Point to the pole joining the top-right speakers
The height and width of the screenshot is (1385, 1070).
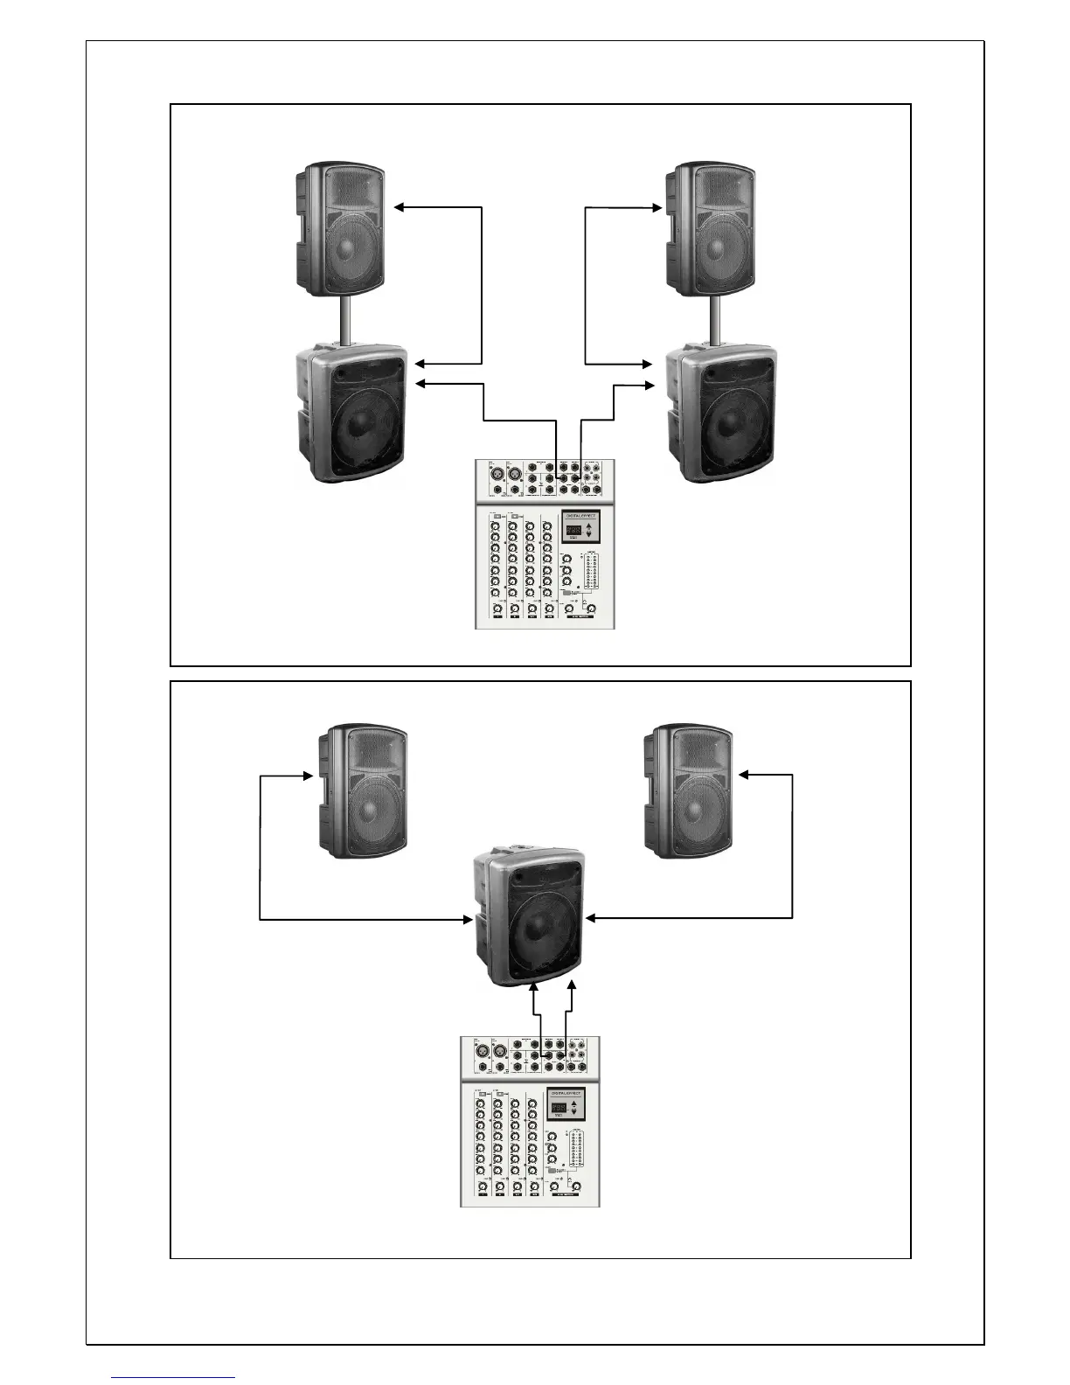click(x=715, y=321)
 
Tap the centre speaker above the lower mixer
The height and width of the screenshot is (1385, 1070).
click(x=530, y=918)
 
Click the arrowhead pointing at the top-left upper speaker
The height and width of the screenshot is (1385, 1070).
click(x=400, y=207)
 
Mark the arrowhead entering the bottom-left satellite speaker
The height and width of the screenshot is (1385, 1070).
click(x=309, y=775)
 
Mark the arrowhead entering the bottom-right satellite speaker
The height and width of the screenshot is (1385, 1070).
click(x=743, y=775)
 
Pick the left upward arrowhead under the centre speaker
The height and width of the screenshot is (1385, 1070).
click(x=534, y=985)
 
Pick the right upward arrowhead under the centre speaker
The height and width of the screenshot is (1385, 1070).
click(x=572, y=985)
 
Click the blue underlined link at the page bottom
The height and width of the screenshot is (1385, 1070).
click(x=173, y=1377)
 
